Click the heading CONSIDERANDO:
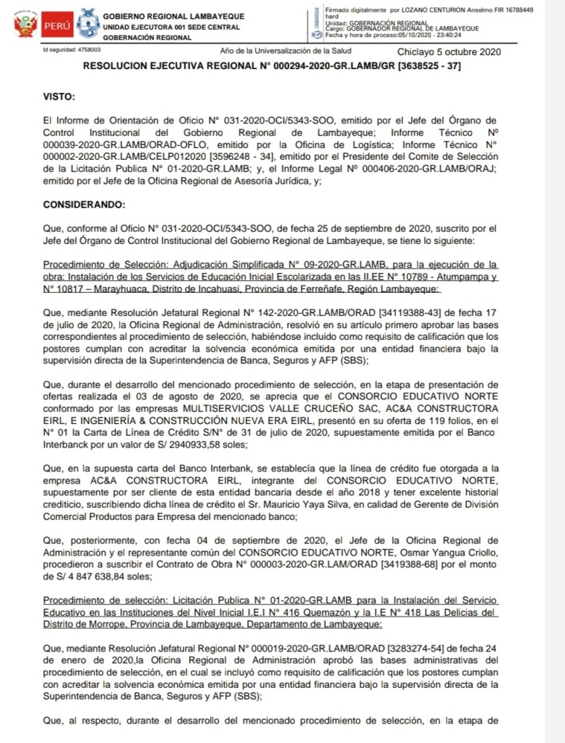pyautogui.click(x=84, y=206)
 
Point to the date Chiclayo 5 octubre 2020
pyautogui.click(x=449, y=52)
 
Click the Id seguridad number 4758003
pyautogui.click(x=89, y=50)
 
